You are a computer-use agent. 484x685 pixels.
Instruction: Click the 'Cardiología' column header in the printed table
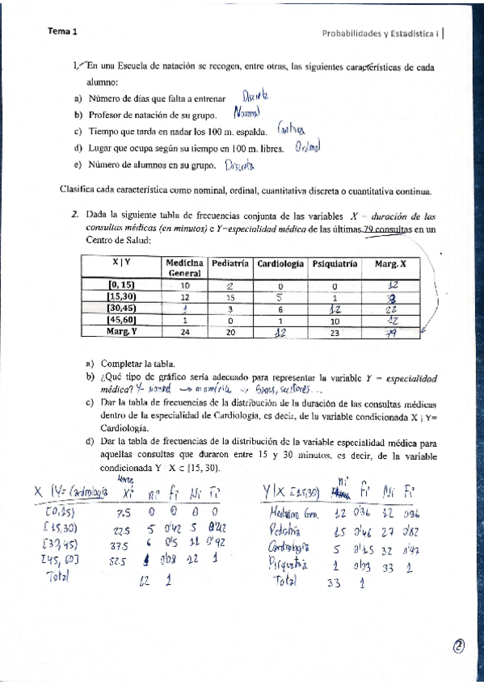[280, 264]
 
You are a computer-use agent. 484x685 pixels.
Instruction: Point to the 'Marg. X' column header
[391, 264]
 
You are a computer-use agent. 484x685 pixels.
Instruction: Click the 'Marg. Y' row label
[122, 330]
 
